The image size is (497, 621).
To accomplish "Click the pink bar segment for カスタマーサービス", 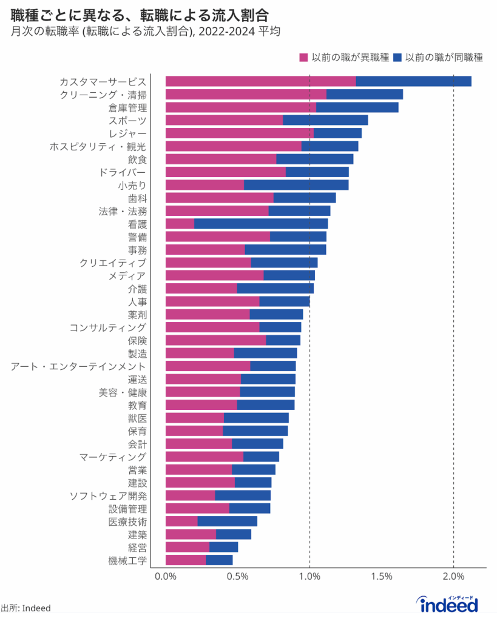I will point(260,81).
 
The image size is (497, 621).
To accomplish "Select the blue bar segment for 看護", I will point(261,224).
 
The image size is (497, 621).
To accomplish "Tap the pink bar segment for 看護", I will point(180,224).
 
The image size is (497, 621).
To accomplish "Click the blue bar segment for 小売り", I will point(296,185).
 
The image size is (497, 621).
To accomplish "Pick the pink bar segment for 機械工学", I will point(186,560).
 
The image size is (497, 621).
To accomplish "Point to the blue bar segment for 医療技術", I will point(227,522).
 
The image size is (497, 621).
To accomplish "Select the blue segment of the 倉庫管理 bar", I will point(357,107).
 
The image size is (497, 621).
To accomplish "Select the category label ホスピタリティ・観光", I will point(98,146).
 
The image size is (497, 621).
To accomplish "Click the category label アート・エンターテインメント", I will point(79,366).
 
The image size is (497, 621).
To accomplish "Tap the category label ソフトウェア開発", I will point(108,496).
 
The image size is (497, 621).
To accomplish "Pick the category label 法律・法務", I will point(123,211).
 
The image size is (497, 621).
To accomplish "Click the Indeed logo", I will point(447,603).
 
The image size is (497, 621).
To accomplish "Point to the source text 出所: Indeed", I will point(25,608).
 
